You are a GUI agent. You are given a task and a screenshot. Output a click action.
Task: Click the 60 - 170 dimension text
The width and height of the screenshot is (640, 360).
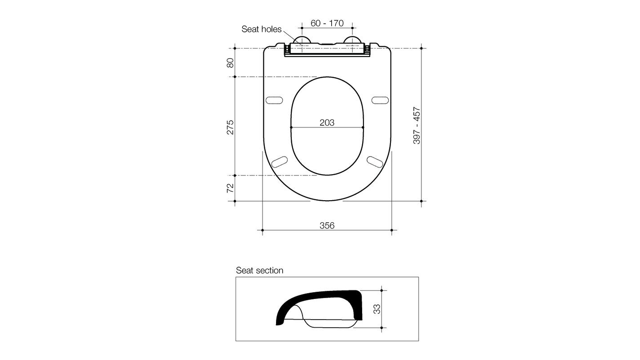pyautogui.click(x=327, y=23)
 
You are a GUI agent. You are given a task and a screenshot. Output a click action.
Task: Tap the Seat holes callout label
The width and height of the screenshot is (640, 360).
pyautogui.click(x=261, y=29)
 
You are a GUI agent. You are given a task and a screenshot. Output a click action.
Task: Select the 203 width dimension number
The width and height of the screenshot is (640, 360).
pyautogui.click(x=327, y=122)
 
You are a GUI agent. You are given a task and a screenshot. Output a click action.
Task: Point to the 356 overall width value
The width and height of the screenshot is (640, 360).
pyautogui.click(x=327, y=225)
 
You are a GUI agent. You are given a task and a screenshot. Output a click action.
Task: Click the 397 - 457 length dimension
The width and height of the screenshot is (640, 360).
pyautogui.click(x=416, y=125)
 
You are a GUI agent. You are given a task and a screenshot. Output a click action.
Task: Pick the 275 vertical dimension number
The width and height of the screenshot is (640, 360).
pyautogui.click(x=230, y=127)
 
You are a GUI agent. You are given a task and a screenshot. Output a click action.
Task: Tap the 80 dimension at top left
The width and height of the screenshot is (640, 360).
pyautogui.click(x=230, y=62)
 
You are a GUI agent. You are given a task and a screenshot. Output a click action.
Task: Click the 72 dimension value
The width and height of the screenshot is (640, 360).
pyautogui.click(x=230, y=188)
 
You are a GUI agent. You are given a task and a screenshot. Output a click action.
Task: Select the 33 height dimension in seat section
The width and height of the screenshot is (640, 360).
pyautogui.click(x=377, y=309)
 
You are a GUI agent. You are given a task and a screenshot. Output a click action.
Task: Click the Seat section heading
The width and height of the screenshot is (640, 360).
pyautogui.click(x=259, y=270)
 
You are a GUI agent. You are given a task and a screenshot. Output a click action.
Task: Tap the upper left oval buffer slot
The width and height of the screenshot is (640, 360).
pyautogui.click(x=274, y=100)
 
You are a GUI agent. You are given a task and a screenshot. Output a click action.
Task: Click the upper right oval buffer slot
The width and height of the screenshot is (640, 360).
pyautogui.click(x=380, y=100)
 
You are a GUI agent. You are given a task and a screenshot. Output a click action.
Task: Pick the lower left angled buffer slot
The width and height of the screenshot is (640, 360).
pyautogui.click(x=280, y=162)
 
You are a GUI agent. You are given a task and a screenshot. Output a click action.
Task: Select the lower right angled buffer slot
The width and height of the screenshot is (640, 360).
pyautogui.click(x=375, y=162)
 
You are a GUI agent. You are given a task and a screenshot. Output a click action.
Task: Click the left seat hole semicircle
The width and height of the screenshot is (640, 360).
pyautogui.click(x=302, y=41)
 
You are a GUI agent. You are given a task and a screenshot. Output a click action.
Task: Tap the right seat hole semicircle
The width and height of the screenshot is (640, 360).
pyautogui.click(x=352, y=41)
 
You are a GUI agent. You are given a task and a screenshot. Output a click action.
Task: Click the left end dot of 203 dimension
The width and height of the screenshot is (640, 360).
pyautogui.click(x=291, y=127)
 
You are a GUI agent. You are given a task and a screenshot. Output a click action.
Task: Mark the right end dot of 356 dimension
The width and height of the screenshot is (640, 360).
pyautogui.click(x=392, y=230)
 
